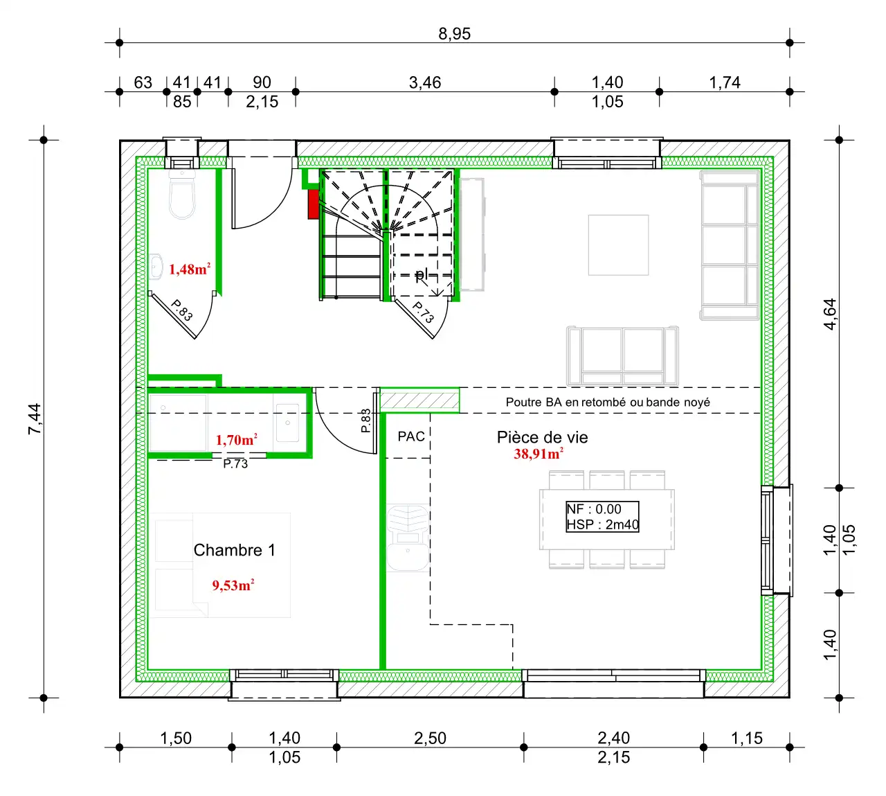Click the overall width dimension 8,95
(x=454, y=34)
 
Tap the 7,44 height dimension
(x=35, y=418)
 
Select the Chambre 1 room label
(x=235, y=550)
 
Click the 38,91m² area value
(x=538, y=454)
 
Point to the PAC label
(x=411, y=436)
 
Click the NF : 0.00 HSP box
(x=602, y=517)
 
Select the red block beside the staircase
(x=313, y=204)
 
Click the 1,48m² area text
(x=190, y=269)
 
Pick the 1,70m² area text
(x=236, y=439)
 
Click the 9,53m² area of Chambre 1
(x=233, y=585)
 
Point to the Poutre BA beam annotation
(x=608, y=402)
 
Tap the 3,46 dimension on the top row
(x=424, y=82)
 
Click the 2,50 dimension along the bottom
(x=430, y=738)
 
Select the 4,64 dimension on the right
(x=829, y=314)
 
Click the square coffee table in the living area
(x=618, y=245)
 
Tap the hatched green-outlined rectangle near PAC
(x=419, y=400)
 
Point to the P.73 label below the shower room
(x=235, y=463)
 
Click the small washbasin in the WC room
(x=156, y=266)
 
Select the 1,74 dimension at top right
(x=724, y=82)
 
